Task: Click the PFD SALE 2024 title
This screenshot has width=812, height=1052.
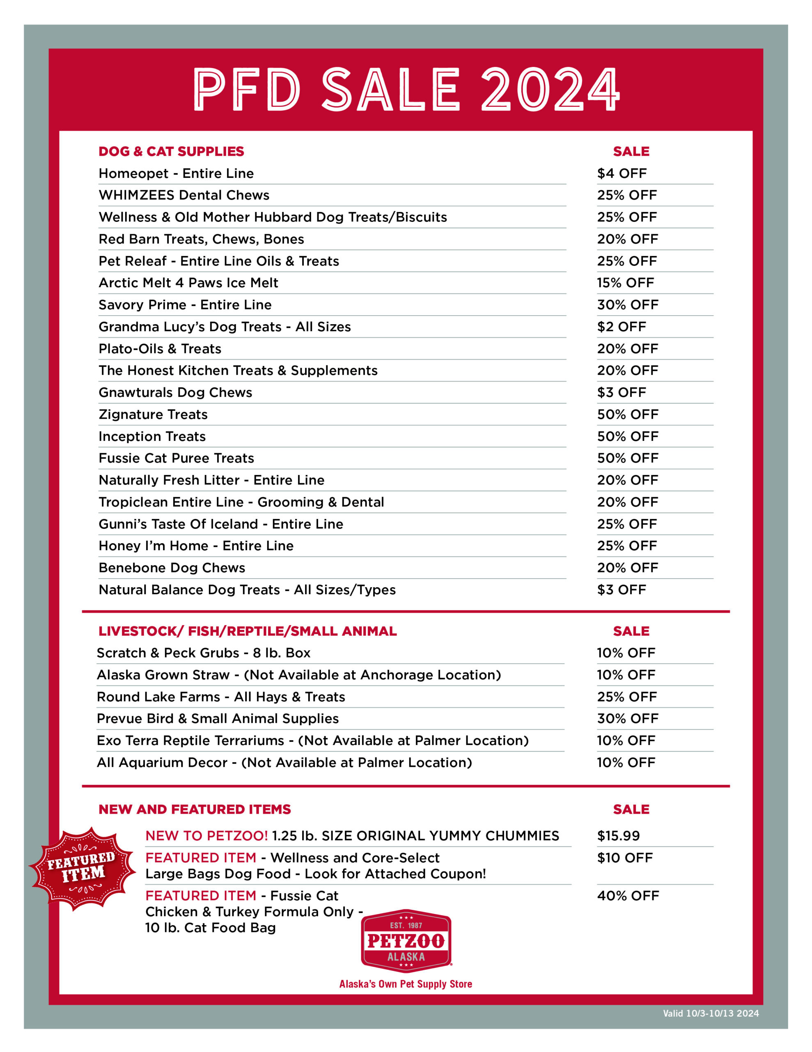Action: click(406, 90)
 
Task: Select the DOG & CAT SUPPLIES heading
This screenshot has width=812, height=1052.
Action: click(171, 151)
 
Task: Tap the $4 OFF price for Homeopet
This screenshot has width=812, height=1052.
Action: click(622, 173)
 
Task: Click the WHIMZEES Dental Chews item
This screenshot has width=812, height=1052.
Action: click(184, 195)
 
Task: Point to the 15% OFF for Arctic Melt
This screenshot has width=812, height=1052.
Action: click(625, 283)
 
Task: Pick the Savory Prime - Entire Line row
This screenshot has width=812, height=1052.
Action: click(185, 305)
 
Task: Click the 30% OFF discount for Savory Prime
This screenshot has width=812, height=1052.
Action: click(627, 305)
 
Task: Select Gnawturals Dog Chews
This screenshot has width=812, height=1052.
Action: click(175, 392)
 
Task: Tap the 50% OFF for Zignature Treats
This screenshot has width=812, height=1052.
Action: click(627, 414)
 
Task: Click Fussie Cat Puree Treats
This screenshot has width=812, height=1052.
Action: click(176, 458)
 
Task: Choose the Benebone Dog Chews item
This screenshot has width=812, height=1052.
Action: click(172, 568)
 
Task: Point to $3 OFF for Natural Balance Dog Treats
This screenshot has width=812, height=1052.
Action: click(622, 590)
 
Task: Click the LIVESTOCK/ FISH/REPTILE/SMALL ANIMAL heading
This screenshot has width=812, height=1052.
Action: click(248, 631)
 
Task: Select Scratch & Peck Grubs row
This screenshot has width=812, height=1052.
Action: click(203, 653)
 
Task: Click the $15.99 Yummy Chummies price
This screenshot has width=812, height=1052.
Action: click(618, 836)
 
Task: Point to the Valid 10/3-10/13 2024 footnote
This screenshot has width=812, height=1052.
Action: click(711, 1013)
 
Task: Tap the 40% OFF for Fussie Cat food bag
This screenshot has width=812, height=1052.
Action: click(628, 896)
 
